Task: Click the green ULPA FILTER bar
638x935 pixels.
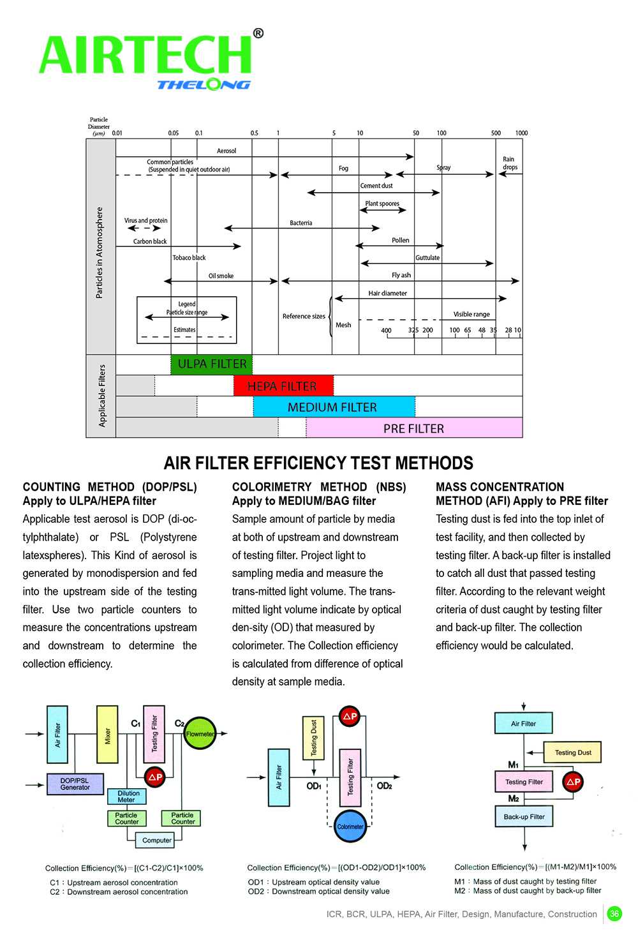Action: [212, 364]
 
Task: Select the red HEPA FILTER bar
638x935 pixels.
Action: [283, 386]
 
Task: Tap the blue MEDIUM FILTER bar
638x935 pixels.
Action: [333, 407]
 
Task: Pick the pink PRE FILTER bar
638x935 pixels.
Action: [414, 428]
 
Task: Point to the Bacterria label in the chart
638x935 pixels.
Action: [301, 223]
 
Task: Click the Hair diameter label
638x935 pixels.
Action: [387, 294]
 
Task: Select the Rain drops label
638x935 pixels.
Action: [509, 163]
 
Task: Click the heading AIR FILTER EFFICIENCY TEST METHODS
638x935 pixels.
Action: [318, 463]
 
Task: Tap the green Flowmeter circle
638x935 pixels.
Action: [200, 734]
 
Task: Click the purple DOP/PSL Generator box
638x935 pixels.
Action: [75, 784]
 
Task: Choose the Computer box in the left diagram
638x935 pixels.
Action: [156, 840]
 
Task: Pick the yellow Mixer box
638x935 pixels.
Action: [107, 735]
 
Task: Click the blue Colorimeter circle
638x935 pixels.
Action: [350, 826]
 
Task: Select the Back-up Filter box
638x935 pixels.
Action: [524, 816]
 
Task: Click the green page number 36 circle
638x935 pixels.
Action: [614, 914]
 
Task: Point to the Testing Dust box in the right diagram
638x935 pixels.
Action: [572, 752]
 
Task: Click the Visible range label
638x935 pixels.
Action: [471, 314]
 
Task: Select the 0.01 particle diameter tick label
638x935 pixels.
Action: [117, 133]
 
